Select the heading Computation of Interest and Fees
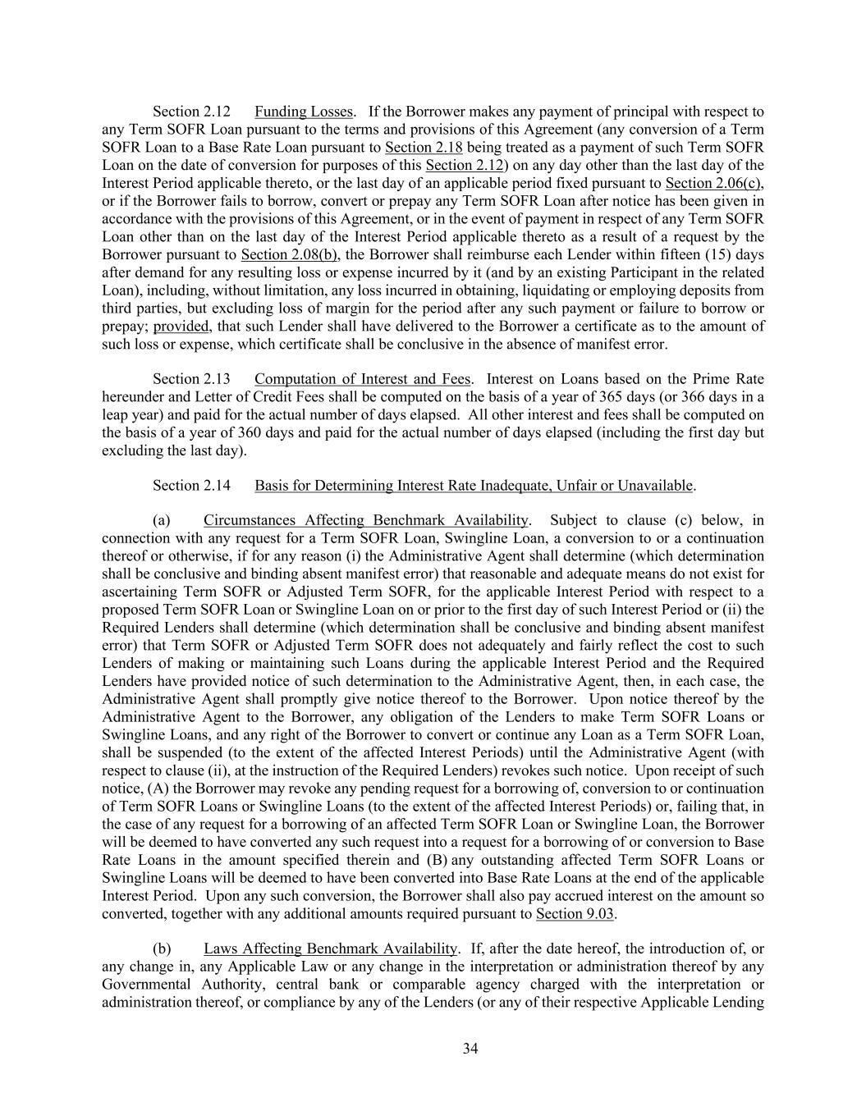click(x=362, y=379)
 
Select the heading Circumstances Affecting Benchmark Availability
click(x=366, y=520)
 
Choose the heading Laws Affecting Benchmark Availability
click(x=331, y=949)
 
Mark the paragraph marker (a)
click(x=162, y=520)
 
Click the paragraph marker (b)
click(x=162, y=949)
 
